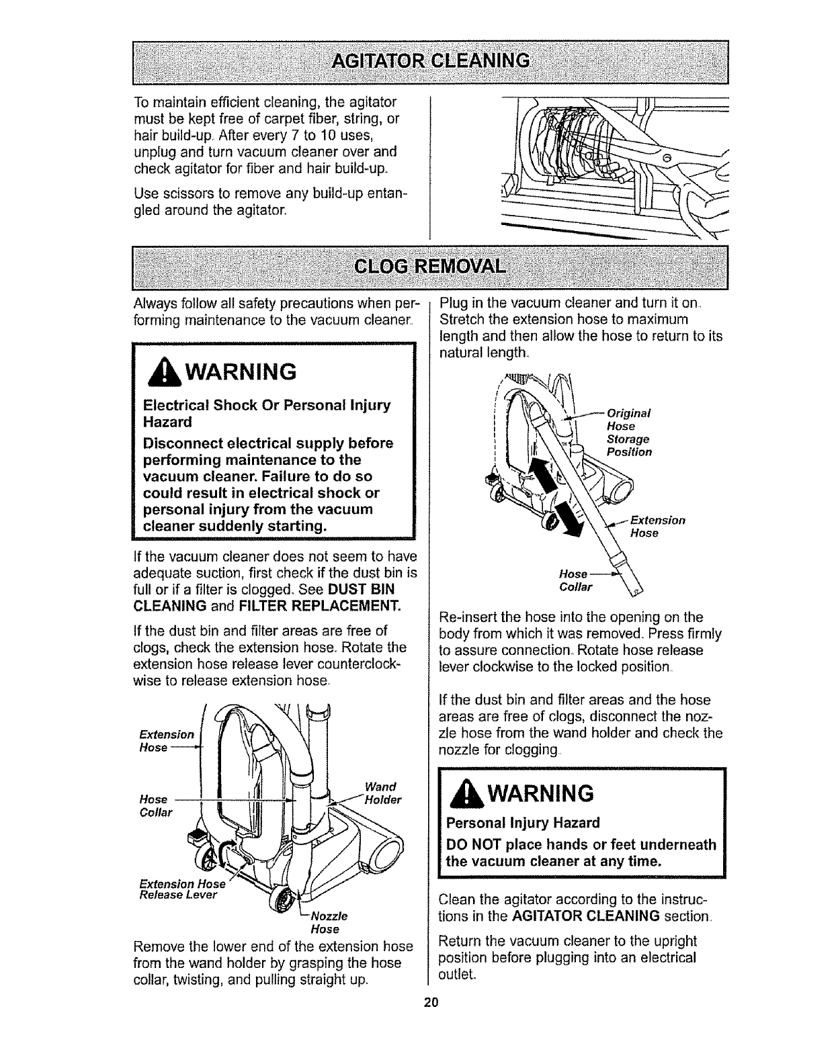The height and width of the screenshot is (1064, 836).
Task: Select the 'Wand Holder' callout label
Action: pyautogui.click(x=381, y=793)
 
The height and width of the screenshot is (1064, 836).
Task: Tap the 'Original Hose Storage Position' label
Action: pyautogui.click(x=628, y=433)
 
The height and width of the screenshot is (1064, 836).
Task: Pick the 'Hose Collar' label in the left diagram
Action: pyautogui.click(x=155, y=805)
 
